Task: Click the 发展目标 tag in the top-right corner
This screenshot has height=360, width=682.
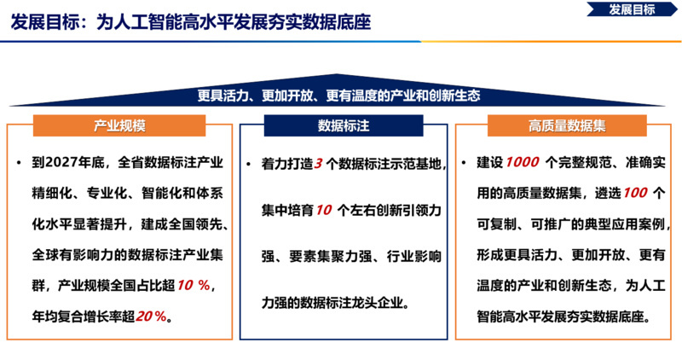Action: [x=632, y=9]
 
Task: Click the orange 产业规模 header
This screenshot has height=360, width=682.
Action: [x=119, y=125]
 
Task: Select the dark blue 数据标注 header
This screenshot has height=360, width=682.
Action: [x=344, y=125]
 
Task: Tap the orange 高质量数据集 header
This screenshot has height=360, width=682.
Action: [x=567, y=125]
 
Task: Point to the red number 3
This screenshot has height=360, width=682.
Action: [x=318, y=164]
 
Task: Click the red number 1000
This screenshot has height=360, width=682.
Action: [x=522, y=162]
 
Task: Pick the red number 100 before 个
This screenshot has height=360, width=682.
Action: [x=635, y=193]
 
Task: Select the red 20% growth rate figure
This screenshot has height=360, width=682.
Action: [x=151, y=316]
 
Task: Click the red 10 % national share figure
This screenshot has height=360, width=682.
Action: [x=194, y=286]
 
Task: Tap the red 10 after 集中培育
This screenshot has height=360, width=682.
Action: [x=324, y=210]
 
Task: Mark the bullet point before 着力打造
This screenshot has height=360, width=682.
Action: [x=248, y=165]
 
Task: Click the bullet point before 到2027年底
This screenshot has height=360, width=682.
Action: [x=19, y=163]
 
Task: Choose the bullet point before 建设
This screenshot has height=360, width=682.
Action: [x=464, y=163]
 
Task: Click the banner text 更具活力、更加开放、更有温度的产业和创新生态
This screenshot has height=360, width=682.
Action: [x=338, y=96]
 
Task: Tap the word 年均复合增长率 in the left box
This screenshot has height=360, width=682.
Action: [x=84, y=316]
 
